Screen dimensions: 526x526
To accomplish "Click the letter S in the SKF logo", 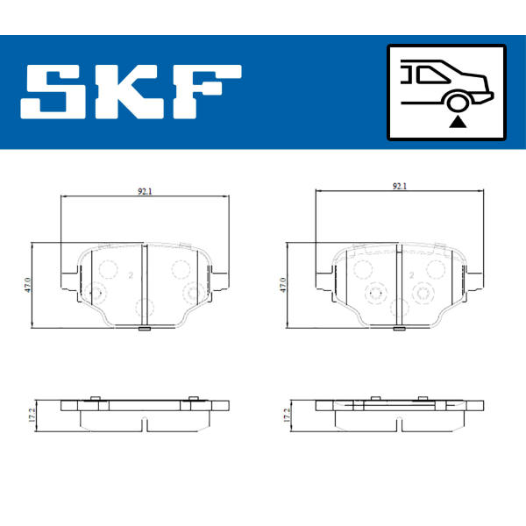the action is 53,91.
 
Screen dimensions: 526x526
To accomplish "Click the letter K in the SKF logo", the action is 129,91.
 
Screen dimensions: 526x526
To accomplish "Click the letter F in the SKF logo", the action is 207,91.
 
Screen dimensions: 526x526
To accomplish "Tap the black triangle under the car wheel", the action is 458,122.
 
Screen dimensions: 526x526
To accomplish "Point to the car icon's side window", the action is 431,75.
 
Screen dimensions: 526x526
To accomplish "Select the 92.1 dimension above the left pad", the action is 145,191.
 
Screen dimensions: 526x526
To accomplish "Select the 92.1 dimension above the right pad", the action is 400,186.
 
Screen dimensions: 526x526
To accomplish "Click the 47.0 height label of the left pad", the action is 28,285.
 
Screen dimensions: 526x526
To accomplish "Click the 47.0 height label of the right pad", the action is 283,285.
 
